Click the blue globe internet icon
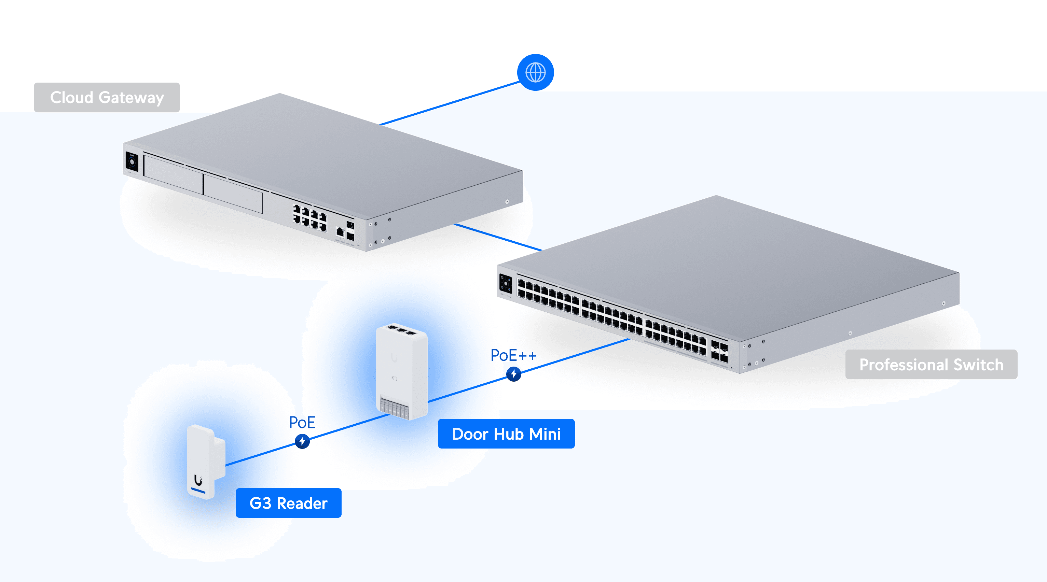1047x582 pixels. (535, 72)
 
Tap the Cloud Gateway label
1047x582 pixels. (107, 98)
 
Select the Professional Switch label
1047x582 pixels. (931, 364)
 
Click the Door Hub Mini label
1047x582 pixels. (506, 434)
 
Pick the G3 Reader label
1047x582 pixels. (288, 503)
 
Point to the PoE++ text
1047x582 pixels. (513, 355)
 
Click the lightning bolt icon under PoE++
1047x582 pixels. (514, 374)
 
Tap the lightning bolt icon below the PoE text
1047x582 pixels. (302, 441)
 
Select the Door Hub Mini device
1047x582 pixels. (402, 372)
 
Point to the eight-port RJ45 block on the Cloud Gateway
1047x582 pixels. (310, 218)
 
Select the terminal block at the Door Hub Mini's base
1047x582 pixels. (394, 407)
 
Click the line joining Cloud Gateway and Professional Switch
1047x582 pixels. (498, 237)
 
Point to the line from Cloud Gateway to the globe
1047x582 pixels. (449, 103)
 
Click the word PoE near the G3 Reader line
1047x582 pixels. (302, 422)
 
